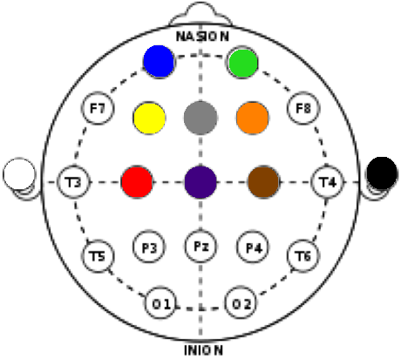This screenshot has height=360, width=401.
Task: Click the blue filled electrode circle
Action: pos(159,61)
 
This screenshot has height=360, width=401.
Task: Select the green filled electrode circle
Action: pos(243,63)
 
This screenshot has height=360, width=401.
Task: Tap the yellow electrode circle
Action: pos(149,118)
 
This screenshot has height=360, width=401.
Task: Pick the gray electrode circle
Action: pos(200,118)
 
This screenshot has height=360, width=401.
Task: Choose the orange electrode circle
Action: pos(252,118)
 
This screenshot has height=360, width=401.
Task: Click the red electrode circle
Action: pos(137,182)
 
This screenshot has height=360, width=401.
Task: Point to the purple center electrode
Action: pos(200,182)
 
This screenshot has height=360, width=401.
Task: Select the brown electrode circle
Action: pos(264,182)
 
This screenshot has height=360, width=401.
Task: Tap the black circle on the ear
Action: pos(382,173)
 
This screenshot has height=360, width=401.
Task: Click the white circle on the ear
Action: pos(19,174)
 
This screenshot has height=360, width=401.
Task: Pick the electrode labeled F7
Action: pos(98,108)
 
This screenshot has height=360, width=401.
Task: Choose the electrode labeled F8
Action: pos(303,108)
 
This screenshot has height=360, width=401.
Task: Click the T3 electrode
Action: pos(73,182)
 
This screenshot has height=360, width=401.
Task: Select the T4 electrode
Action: pos(328,182)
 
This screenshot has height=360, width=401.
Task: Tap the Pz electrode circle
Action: pos(200,246)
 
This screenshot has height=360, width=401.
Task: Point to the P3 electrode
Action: pos(149,248)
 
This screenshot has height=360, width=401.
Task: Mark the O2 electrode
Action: pos(241,303)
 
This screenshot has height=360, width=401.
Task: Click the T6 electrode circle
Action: pos(303,256)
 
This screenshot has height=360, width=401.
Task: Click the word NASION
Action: pos(202,37)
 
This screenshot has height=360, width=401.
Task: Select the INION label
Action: pos(203,350)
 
